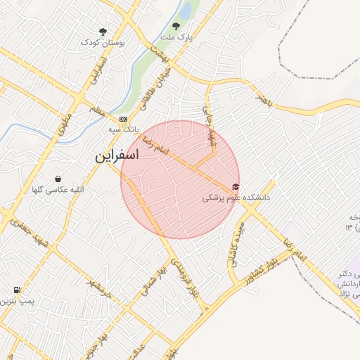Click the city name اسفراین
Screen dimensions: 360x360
click(x=117, y=156)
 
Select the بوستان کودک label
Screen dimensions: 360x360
click(x=103, y=42)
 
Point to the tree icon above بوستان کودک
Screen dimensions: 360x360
click(x=103, y=32)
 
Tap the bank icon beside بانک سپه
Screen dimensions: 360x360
click(x=124, y=119)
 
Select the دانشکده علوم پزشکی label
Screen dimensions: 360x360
click(x=236, y=198)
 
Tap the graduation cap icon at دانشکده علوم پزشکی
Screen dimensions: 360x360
click(x=235, y=187)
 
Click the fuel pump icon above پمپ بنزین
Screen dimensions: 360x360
click(x=17, y=290)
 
